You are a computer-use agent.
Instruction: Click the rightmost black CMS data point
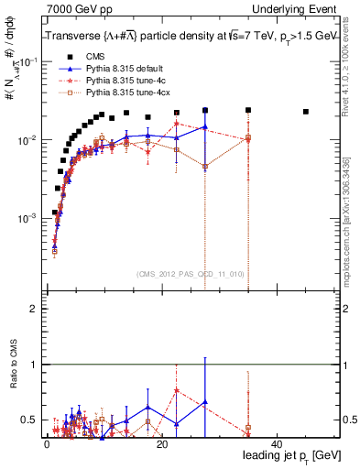click(306, 112)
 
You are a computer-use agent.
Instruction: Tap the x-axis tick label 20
click(161, 444)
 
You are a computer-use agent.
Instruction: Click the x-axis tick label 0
click(47, 444)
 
